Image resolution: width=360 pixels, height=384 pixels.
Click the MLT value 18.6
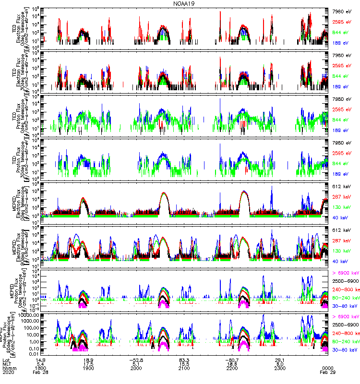coord(232,363)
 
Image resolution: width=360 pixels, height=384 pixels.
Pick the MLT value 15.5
coord(184,363)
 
